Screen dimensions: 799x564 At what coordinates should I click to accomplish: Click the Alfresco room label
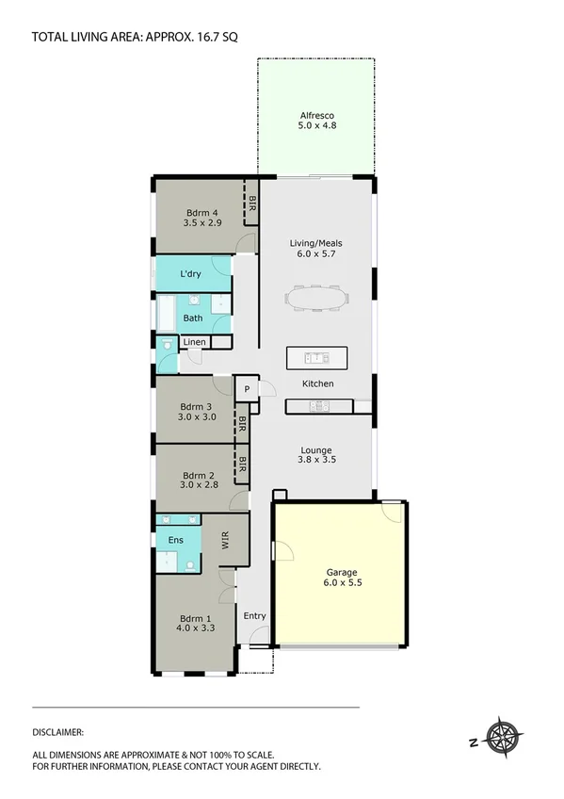(317, 119)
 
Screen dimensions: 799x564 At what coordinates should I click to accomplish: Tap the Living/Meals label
(317, 248)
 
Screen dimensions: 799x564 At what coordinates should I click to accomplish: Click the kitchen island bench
(317, 358)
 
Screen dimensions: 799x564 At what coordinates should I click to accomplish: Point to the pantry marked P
(247, 389)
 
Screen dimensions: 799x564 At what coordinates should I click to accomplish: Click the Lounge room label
(317, 454)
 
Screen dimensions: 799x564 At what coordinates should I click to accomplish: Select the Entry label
(254, 616)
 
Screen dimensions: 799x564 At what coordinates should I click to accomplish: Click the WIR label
(225, 540)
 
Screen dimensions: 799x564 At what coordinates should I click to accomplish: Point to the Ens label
(175, 540)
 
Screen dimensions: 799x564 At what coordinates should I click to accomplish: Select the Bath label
(192, 318)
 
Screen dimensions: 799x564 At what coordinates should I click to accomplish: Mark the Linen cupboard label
(195, 341)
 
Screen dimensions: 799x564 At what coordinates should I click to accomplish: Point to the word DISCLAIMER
(58, 731)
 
